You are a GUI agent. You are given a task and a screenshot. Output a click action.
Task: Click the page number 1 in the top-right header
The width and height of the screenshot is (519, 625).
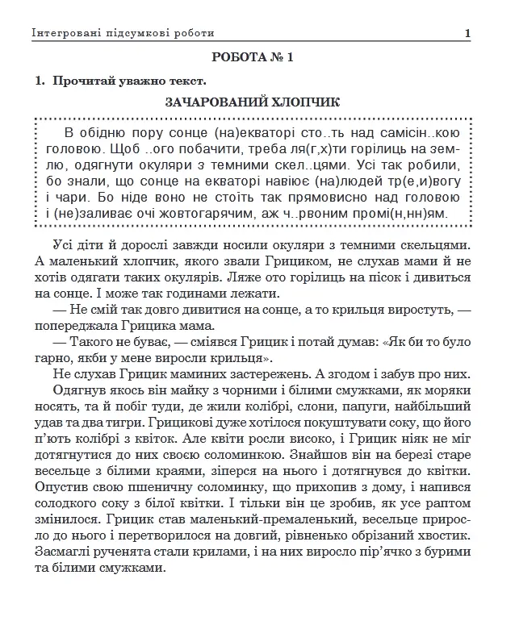(468, 33)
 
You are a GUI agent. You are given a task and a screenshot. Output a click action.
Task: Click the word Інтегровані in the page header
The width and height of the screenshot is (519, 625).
(65, 33)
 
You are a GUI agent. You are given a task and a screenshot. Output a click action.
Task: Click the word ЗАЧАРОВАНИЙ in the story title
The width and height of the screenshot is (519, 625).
(216, 102)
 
